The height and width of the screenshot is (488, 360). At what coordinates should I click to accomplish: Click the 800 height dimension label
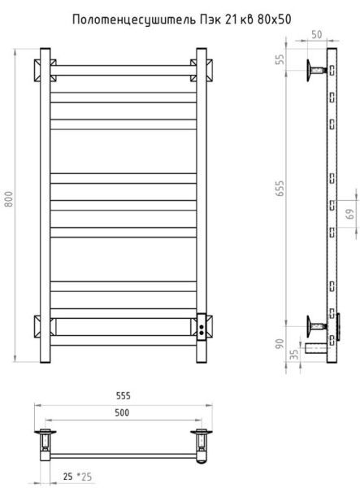click(9, 199)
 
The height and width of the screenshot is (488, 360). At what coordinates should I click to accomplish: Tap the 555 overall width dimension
click(124, 396)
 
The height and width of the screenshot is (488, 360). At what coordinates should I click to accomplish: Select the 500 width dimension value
click(122, 412)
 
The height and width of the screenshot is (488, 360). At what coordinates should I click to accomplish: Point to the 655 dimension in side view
click(280, 189)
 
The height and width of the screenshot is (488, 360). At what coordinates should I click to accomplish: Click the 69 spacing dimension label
click(350, 214)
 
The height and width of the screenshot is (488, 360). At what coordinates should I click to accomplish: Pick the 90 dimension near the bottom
click(280, 343)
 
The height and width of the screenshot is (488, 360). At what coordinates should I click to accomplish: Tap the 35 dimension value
click(294, 354)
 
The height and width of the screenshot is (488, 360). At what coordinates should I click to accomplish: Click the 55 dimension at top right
click(280, 59)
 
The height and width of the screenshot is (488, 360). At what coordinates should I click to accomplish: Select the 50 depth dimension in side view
click(316, 34)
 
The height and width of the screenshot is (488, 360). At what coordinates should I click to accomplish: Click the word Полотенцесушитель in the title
click(134, 20)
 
